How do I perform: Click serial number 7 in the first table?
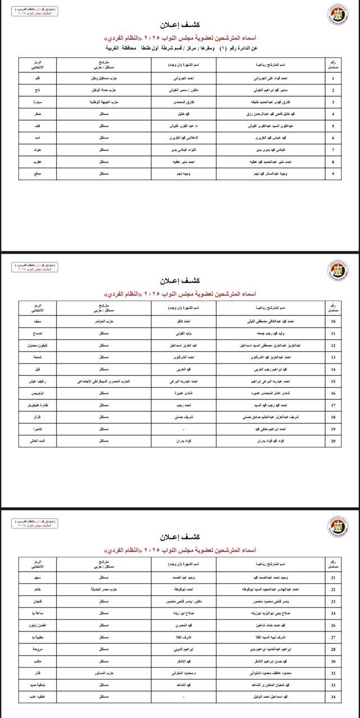point(333,150)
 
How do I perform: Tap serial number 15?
point(333,381)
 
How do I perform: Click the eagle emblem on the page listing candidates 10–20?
point(338,270)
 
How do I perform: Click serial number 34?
point(333,697)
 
